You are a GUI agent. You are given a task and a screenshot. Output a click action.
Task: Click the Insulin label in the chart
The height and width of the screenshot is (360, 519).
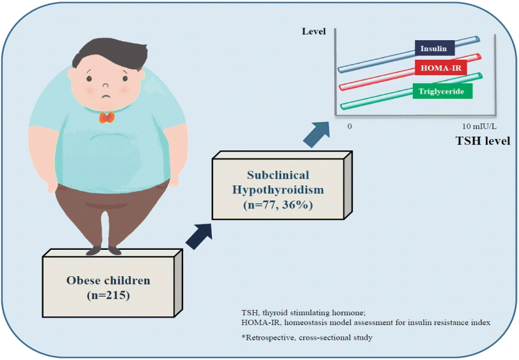[435, 48]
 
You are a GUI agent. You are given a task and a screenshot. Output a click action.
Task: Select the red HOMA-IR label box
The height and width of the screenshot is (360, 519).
[441, 68]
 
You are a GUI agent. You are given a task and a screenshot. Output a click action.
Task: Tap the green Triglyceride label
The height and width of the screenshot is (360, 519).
[443, 91]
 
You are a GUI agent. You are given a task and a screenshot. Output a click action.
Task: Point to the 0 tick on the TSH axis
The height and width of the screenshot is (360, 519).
[350, 126]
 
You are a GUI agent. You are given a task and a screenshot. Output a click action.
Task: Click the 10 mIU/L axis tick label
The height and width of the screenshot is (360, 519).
[479, 126]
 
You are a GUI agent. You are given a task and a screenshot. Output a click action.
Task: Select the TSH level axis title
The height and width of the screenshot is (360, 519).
[483, 141]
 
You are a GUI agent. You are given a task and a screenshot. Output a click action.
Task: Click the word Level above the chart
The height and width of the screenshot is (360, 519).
[314, 32]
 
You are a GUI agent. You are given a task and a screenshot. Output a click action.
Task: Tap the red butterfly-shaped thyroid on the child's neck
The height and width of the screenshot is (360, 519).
[107, 118]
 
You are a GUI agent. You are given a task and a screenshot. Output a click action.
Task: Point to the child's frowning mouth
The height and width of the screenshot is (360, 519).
[106, 96]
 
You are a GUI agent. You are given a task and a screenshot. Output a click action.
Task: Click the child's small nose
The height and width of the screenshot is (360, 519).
[106, 85]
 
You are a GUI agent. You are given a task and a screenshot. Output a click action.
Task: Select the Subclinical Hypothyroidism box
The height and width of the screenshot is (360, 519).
[282, 185]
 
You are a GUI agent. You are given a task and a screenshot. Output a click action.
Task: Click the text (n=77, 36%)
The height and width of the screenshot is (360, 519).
[278, 205]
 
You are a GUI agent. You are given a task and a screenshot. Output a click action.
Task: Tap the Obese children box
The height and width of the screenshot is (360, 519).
[112, 283]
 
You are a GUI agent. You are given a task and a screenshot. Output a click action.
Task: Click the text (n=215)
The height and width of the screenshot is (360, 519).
[109, 295]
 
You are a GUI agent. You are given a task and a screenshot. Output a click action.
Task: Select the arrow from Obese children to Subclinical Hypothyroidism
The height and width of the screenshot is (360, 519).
[199, 236]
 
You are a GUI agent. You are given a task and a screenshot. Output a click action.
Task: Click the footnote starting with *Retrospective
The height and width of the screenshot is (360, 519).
[307, 338]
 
